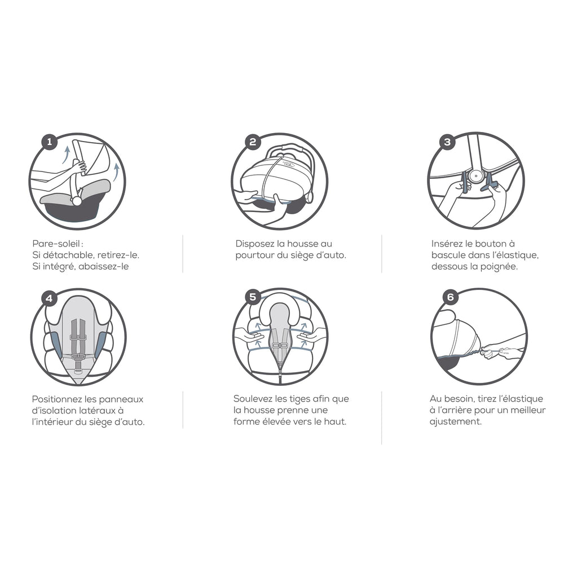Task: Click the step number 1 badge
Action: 49,142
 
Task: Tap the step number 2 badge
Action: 253,142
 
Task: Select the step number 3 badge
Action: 447,142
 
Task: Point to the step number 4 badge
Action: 49,298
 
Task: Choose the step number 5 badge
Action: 253,297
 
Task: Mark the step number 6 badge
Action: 450,297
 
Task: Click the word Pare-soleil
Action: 56,244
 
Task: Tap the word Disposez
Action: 255,244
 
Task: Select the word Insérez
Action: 447,244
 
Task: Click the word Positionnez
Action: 57,399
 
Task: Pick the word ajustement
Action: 455,421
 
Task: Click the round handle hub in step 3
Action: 476,177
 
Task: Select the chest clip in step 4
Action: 78,337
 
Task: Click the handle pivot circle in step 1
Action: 77,201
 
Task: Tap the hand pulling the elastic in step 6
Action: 498,351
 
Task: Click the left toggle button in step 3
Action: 464,182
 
